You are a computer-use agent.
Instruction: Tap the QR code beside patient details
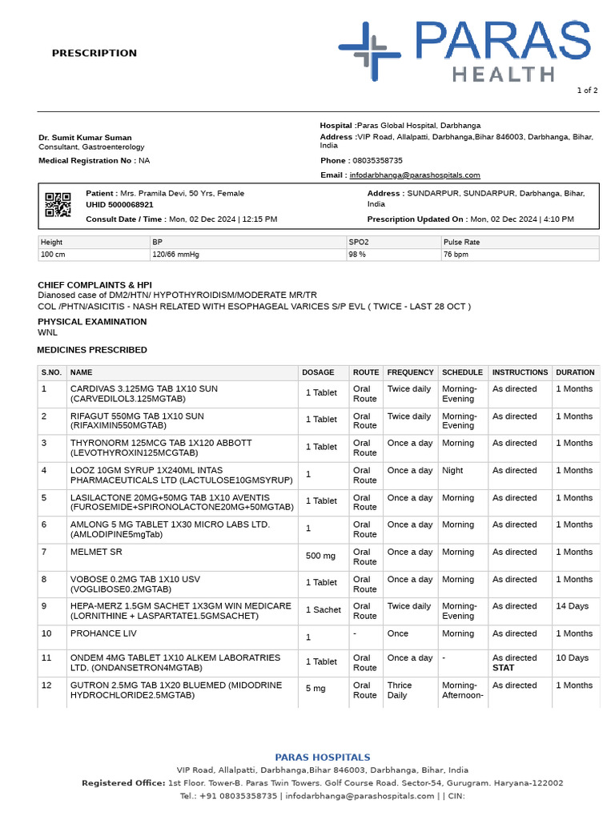[x=58, y=205]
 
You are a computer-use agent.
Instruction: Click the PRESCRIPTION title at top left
[x=94, y=53]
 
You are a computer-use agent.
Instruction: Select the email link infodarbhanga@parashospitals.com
[x=414, y=175]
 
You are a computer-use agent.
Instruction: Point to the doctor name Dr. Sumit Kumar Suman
[x=85, y=138]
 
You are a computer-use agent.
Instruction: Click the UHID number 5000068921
[x=119, y=205]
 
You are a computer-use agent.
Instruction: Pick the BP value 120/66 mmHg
[x=175, y=255]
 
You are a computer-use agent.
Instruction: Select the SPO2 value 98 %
[x=357, y=255]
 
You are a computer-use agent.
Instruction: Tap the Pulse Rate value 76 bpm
[x=456, y=255]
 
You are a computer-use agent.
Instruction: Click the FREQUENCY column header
[x=410, y=372]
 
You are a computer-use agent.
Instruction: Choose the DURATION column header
[x=575, y=372]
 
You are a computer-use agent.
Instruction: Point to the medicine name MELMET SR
[x=96, y=552]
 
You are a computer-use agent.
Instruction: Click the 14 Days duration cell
[x=573, y=606]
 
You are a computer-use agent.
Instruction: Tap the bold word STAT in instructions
[x=504, y=667]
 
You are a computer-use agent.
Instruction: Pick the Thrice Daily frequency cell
[x=400, y=690]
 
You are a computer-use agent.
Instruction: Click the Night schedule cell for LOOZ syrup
[x=452, y=470]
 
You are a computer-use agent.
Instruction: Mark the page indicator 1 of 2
[x=587, y=90]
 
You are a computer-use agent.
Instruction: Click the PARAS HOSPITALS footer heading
[x=323, y=757]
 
